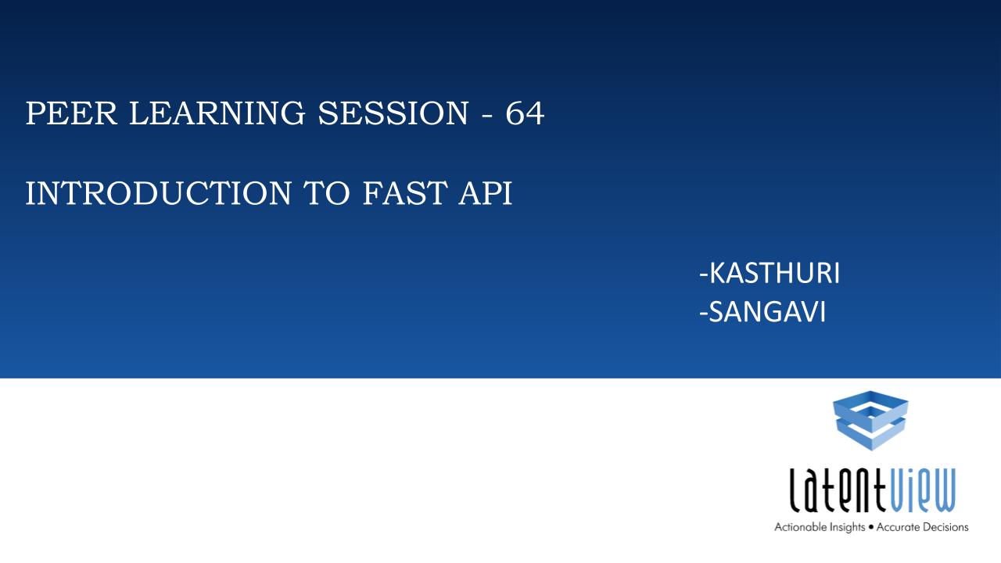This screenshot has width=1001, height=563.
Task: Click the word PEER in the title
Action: tap(71, 113)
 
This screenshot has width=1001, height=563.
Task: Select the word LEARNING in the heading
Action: tap(217, 113)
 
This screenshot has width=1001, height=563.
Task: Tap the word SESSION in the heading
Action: tap(393, 113)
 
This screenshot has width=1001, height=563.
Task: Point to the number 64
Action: tap(525, 113)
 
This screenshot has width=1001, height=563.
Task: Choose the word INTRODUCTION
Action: tap(159, 193)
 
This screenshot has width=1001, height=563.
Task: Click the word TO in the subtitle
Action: tap(327, 193)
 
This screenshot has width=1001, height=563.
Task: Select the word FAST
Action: tap(405, 193)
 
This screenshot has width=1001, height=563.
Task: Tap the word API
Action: tap(486, 193)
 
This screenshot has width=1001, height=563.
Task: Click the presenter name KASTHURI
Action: tap(774, 273)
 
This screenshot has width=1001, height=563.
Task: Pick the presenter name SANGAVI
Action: tap(767, 311)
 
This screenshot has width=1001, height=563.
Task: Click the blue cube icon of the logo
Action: tap(870, 421)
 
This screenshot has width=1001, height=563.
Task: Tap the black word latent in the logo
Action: tap(837, 490)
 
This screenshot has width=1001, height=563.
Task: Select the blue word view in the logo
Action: tap(921, 490)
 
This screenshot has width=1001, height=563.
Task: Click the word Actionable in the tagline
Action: tap(802, 527)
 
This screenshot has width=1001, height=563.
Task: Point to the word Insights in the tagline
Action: tap(848, 528)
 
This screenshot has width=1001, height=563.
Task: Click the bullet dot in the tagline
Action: tap(871, 528)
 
